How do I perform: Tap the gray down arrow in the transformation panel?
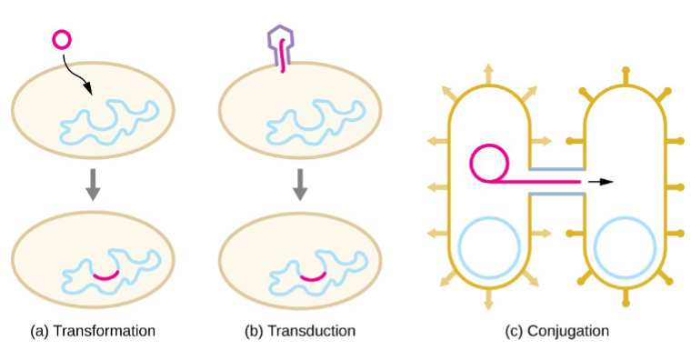(91, 185)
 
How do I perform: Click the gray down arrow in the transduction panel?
(299, 185)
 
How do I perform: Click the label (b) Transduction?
(300, 331)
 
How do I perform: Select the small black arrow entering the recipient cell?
(602, 182)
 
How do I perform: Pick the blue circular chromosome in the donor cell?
(488, 246)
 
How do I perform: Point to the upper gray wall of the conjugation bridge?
(556, 169)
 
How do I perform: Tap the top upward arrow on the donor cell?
(488, 72)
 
